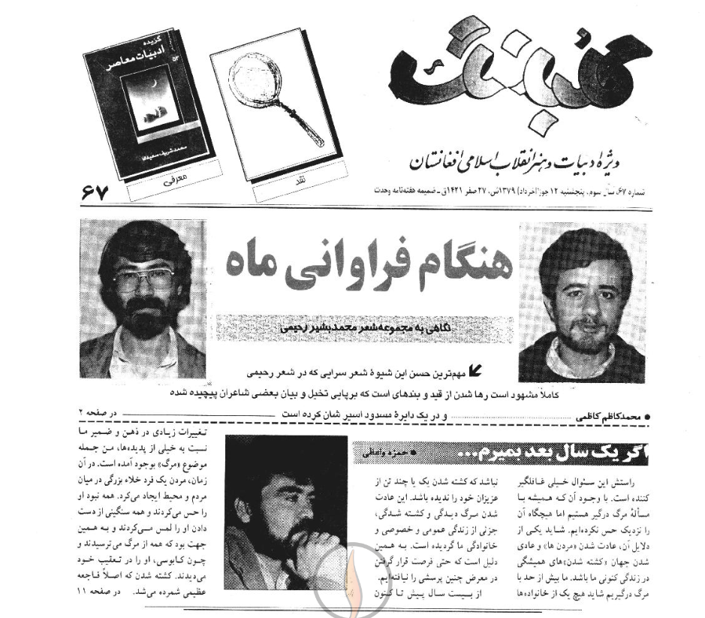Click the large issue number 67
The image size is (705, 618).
coord(93,193)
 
